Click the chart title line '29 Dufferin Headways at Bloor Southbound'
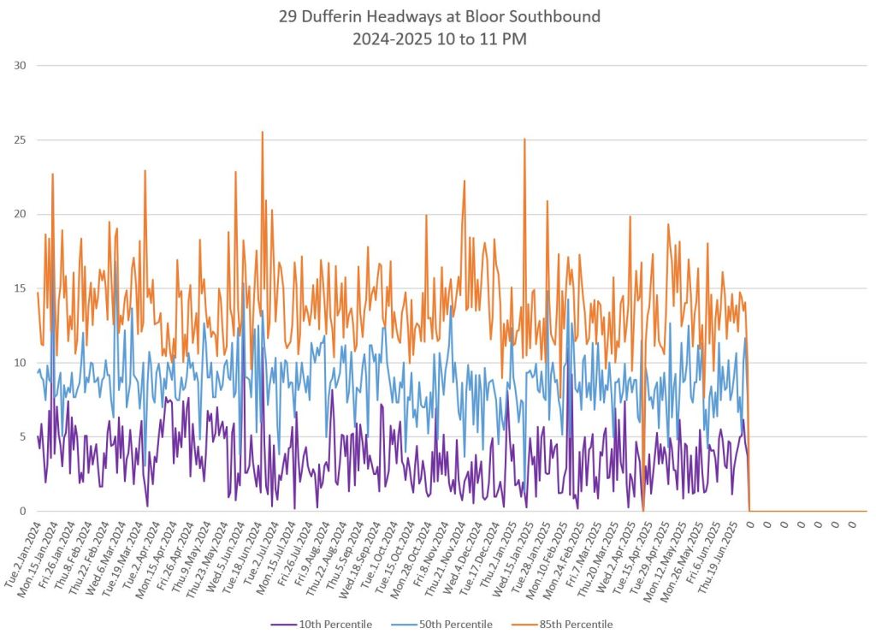pos(438,17)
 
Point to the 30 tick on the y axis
pos(20,66)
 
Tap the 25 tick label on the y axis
pos(20,140)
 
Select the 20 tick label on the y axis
pos(20,215)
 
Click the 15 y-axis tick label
pos(20,288)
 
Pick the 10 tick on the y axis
pos(20,363)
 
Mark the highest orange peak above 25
pos(262,133)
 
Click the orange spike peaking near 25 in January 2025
pos(524,139)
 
